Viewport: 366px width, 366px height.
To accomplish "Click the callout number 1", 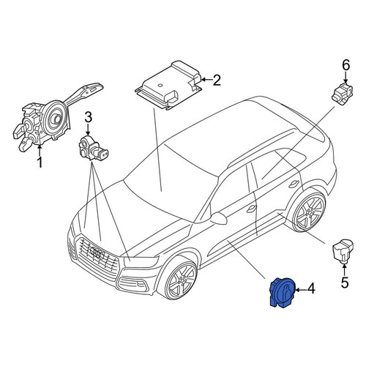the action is [40, 163].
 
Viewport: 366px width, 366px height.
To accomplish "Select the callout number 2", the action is [216, 80].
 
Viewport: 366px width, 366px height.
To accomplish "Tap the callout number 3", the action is [88, 117].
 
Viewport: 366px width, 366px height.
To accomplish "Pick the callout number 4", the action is [310, 289].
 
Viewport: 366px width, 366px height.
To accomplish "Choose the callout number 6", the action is [346, 65].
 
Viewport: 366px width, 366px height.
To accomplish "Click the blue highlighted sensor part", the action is [283, 292].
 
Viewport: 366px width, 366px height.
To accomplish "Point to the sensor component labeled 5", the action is [343, 251].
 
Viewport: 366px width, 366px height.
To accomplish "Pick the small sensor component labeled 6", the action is [343, 91].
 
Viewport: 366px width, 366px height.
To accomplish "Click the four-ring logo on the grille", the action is [97, 253].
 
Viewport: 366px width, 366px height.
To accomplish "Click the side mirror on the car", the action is [218, 217].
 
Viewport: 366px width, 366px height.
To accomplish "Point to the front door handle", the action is [251, 208].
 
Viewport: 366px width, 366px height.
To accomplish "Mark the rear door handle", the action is [294, 184].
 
